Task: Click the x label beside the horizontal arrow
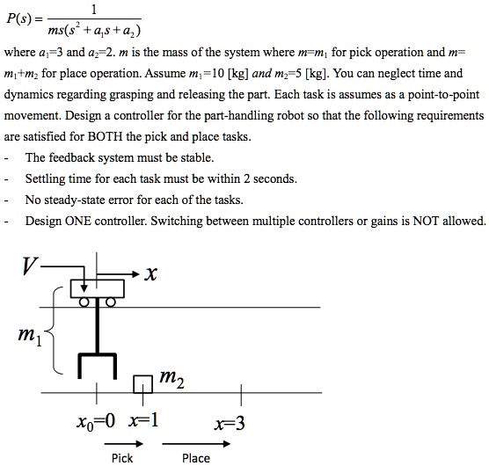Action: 151,274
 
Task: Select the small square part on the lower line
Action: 142,384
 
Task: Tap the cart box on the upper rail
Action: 97,288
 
